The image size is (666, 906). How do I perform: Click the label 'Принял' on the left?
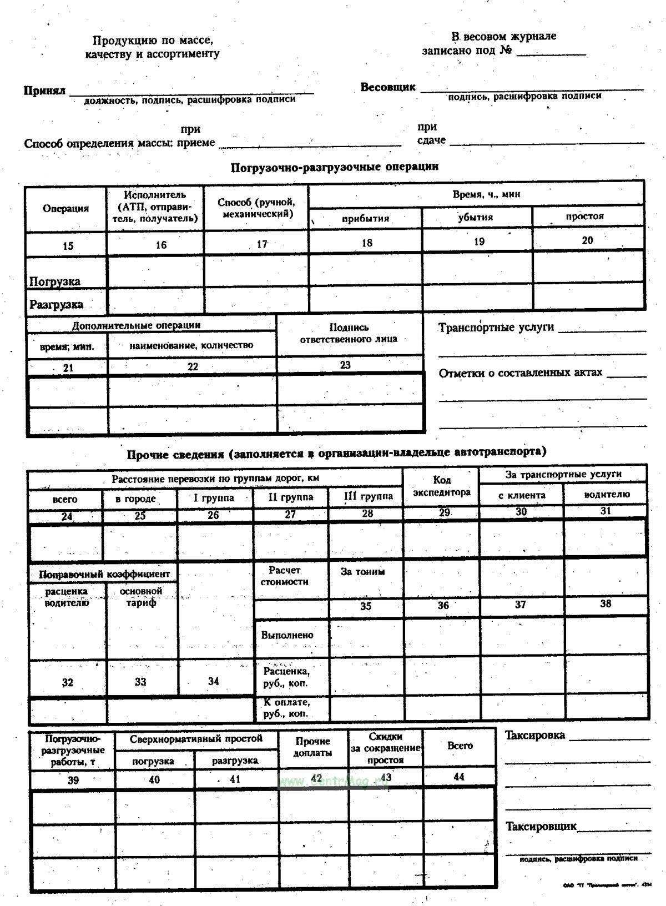pyautogui.click(x=44, y=90)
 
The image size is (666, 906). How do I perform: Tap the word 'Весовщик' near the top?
pyautogui.click(x=387, y=87)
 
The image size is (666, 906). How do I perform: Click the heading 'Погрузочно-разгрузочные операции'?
pyautogui.click(x=334, y=167)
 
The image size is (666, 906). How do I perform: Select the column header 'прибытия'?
pyautogui.click(x=365, y=218)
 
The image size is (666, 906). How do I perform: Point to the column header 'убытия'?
pyautogui.click(x=475, y=217)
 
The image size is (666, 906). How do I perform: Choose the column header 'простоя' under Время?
pyautogui.click(x=584, y=216)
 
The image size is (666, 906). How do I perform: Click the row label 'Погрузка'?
pyautogui.click(x=54, y=281)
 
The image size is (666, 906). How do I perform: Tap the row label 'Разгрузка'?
pyautogui.click(x=56, y=304)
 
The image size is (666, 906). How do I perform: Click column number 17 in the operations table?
pyautogui.click(x=261, y=244)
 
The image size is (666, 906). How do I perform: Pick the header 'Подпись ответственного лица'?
pyautogui.click(x=349, y=333)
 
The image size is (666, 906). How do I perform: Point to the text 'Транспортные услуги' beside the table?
pyautogui.click(x=496, y=328)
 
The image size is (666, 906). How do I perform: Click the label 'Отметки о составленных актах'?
pyautogui.click(x=520, y=373)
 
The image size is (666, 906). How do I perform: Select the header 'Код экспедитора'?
pyautogui.click(x=441, y=486)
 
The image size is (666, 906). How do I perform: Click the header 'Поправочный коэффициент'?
pyautogui.click(x=104, y=573)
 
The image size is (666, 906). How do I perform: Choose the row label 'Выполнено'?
pyautogui.click(x=287, y=635)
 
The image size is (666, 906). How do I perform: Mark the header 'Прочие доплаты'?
pyautogui.click(x=312, y=747)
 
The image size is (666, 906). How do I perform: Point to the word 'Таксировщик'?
pyautogui.click(x=541, y=827)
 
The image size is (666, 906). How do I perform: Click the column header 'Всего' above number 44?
pyautogui.click(x=460, y=746)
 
